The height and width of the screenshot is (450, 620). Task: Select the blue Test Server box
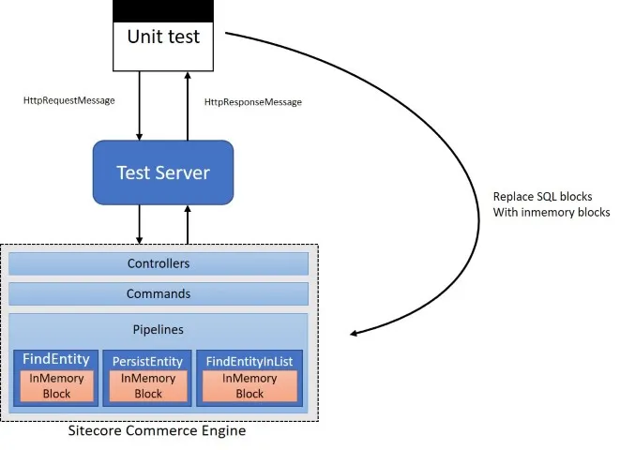coord(162,172)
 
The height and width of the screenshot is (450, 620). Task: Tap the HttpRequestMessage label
coord(68,99)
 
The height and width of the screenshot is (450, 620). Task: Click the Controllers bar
coord(159,263)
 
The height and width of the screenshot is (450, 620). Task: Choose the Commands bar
coord(159,293)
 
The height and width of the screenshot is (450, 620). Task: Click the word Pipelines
coord(159,330)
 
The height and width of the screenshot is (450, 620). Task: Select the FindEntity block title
coord(56,359)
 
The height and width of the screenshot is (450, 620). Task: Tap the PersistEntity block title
coord(148,360)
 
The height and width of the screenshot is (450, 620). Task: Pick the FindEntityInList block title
coord(250,360)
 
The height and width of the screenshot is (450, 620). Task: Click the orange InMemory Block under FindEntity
coord(56,385)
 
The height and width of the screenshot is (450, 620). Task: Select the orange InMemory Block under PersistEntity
coord(148,385)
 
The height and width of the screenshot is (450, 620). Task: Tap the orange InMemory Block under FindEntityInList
coord(250,385)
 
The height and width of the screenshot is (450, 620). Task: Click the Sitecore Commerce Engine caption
coord(158,432)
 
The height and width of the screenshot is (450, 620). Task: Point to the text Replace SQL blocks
coord(543,197)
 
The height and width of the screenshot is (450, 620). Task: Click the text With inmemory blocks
coord(552,213)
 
